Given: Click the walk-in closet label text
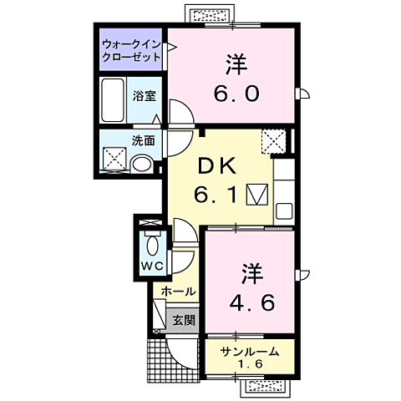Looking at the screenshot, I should coord(129,48).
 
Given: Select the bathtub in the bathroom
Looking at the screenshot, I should coord(114,100).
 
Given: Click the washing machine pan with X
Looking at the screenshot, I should coord(114,158).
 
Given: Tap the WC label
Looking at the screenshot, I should coord(151,266).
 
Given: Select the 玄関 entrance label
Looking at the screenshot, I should coord(184,319).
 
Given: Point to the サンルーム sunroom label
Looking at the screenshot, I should coord(250,352).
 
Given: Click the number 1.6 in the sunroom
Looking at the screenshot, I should coord(250,365).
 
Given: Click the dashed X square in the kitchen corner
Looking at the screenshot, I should coord(272,140).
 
